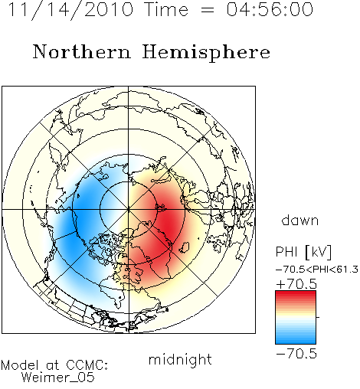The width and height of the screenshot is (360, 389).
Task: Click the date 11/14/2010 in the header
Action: coord(70,9)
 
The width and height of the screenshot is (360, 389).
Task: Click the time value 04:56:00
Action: coord(270,9)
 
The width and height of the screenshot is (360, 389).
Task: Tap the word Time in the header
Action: coord(166,9)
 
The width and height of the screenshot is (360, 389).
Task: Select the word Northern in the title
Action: coord(82,51)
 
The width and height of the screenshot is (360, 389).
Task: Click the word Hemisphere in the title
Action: coord(206,53)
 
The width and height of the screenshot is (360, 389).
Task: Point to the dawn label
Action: coord(300,220)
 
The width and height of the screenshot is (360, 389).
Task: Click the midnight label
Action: coord(180,359)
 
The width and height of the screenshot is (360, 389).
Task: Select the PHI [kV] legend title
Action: coord(303,252)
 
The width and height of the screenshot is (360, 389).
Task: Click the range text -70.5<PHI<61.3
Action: coord(317,270)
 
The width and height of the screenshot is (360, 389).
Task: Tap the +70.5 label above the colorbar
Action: coord(296,284)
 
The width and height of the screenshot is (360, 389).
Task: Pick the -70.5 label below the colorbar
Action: coord(296,354)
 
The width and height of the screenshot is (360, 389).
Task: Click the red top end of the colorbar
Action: coord(296,293)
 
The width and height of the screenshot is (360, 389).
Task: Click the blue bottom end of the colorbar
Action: coord(296,342)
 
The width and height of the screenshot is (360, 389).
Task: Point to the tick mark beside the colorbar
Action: coord(318,317)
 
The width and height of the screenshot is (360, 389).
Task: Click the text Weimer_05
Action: coord(58,378)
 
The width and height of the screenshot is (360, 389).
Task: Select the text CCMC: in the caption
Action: coord(87,365)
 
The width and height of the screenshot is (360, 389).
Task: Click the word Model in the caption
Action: coord(20,365)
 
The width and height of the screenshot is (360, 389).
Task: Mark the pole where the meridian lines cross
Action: coord(129,209)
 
